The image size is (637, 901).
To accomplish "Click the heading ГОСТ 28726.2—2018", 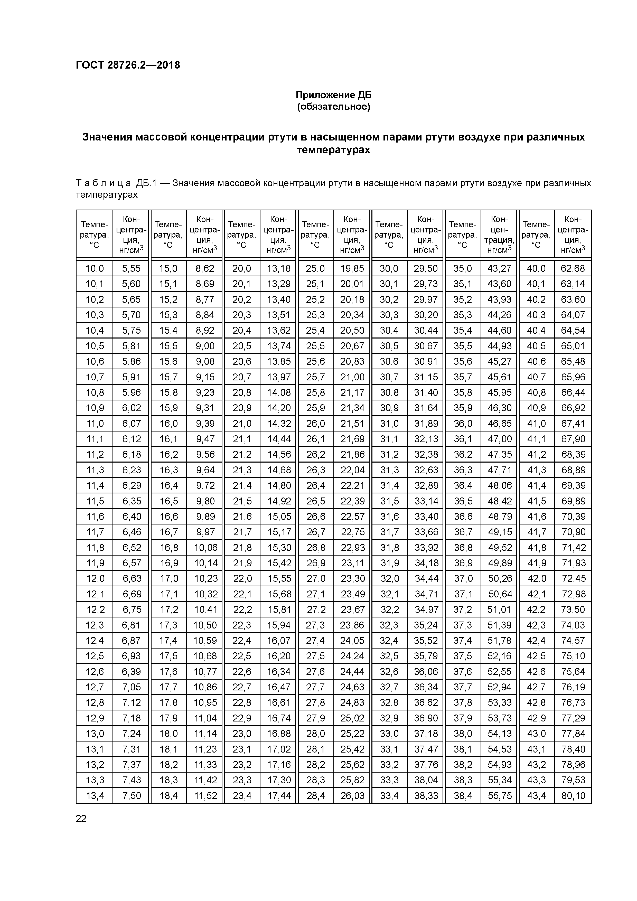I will pos(128,65).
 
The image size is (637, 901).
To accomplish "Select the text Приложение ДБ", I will pos(333,95).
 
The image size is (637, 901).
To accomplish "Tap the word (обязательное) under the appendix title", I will pos(333,107).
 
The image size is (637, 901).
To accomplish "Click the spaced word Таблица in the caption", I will pos(103,183).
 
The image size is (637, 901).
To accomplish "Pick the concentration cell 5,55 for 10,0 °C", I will pos(131,268).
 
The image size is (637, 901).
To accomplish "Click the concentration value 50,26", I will pos(500,578).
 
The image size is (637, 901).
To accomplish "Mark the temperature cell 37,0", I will pos(463,578).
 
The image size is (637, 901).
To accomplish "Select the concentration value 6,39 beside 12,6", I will pos(131,671).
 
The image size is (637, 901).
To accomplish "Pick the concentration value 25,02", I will pos(352,718).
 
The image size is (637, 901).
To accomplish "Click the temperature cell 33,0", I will pos(389,734).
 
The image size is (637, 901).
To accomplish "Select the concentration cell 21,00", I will pos(352,377).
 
